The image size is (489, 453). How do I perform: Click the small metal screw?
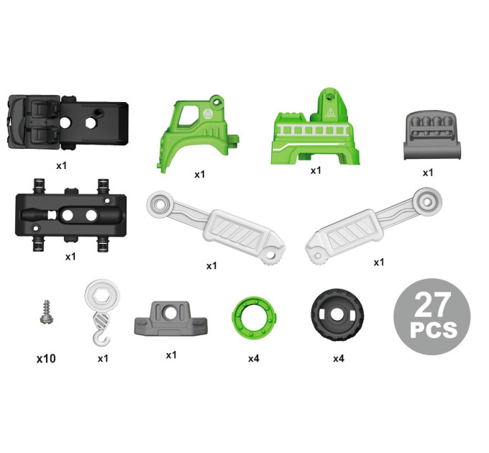click(46, 312)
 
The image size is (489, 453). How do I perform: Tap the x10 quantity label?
click(46, 359)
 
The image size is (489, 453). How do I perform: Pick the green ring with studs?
click(254, 316)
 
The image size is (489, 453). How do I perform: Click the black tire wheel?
click(337, 314)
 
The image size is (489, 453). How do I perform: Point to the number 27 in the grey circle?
click(433, 305)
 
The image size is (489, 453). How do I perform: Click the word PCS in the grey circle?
click(433, 330)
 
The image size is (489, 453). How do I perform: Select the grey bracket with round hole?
click(170, 319)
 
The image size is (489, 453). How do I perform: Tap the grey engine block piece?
click(432, 136)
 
